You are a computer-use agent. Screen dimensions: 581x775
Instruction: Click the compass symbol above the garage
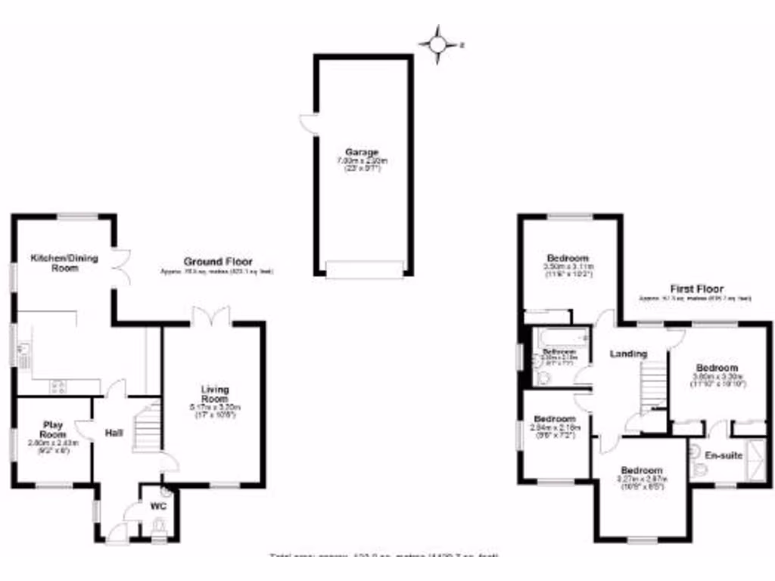pos(438,45)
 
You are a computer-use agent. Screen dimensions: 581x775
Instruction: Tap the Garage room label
pos(363,152)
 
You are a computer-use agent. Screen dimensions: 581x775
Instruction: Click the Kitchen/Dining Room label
pos(64,263)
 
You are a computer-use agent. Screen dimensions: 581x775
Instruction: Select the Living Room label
pos(215,393)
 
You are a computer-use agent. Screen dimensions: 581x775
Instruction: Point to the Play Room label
pos(52,428)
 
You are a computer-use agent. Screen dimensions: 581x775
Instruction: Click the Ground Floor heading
pos(217,261)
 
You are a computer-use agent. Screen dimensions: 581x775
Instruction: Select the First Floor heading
pos(696,289)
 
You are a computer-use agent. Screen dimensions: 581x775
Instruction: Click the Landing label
pos(629,354)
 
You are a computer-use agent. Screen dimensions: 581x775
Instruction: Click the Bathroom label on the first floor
pos(559,353)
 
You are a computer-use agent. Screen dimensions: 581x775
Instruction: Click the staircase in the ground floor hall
pos(147,428)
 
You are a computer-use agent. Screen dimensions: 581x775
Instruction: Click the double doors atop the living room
pos(210,317)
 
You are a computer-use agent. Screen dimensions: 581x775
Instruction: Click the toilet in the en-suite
pos(697,471)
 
